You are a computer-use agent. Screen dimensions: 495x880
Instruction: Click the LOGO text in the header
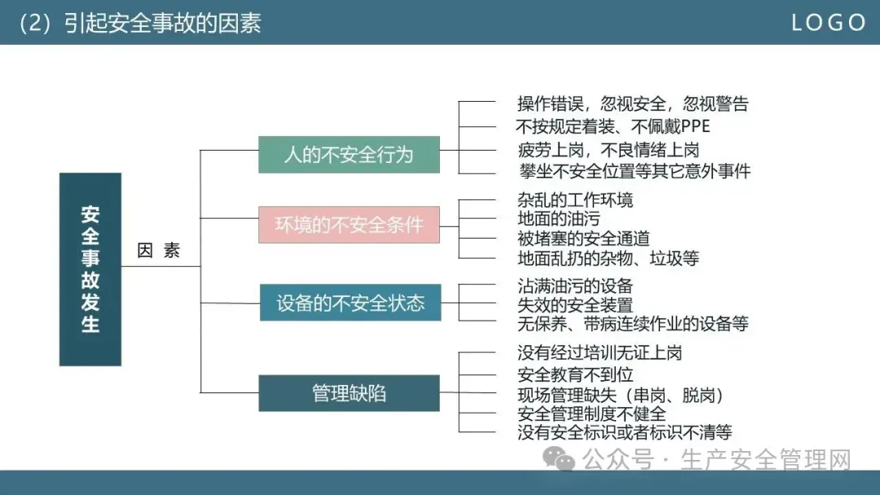pyautogui.click(x=829, y=23)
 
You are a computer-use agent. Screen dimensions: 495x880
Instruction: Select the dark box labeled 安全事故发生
pyautogui.click(x=90, y=269)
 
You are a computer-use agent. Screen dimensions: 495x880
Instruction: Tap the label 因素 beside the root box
pyautogui.click(x=159, y=251)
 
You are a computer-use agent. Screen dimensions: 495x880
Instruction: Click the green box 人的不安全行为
pyautogui.click(x=349, y=155)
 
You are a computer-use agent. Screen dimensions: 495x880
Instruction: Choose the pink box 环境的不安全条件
pyautogui.click(x=349, y=225)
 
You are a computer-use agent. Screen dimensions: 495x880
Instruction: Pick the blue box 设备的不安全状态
pyautogui.click(x=350, y=304)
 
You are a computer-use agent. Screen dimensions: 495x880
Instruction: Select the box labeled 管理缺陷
pyautogui.click(x=349, y=393)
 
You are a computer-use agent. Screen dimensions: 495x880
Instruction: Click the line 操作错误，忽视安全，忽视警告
pyautogui.click(x=632, y=103)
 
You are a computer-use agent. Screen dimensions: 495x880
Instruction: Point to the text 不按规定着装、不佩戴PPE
pyautogui.click(x=613, y=126)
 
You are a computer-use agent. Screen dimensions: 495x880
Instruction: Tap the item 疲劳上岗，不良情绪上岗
pyautogui.click(x=608, y=149)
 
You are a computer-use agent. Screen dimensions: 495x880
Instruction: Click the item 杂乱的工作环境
pyautogui.click(x=575, y=199)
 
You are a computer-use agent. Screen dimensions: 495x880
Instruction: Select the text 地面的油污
pyautogui.click(x=558, y=219)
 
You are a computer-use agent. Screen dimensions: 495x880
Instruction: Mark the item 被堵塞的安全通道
pyautogui.click(x=583, y=239)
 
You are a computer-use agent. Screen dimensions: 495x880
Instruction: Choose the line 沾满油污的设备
pyautogui.click(x=575, y=286)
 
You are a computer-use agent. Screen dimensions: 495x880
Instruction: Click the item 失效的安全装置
pyautogui.click(x=575, y=305)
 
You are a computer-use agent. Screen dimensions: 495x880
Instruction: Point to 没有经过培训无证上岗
pyautogui.click(x=600, y=353)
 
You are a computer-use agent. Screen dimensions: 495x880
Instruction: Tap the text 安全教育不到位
pyautogui.click(x=575, y=375)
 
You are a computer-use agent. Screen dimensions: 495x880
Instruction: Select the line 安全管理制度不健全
pyautogui.click(x=592, y=414)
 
